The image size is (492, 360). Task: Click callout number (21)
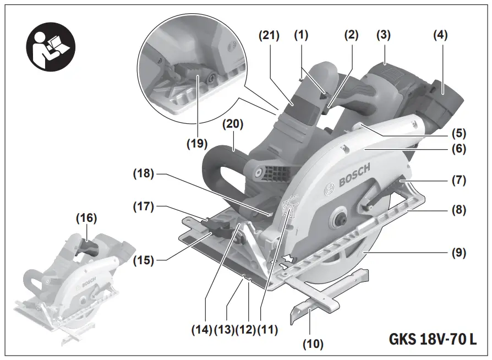point(269,35)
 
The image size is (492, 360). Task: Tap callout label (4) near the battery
point(440,35)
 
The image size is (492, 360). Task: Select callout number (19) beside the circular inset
point(196,144)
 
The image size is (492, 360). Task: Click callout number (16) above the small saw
point(86,218)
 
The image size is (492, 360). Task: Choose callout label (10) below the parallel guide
point(313,345)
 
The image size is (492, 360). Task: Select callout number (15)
point(144,258)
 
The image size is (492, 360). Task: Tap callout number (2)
point(351,35)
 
